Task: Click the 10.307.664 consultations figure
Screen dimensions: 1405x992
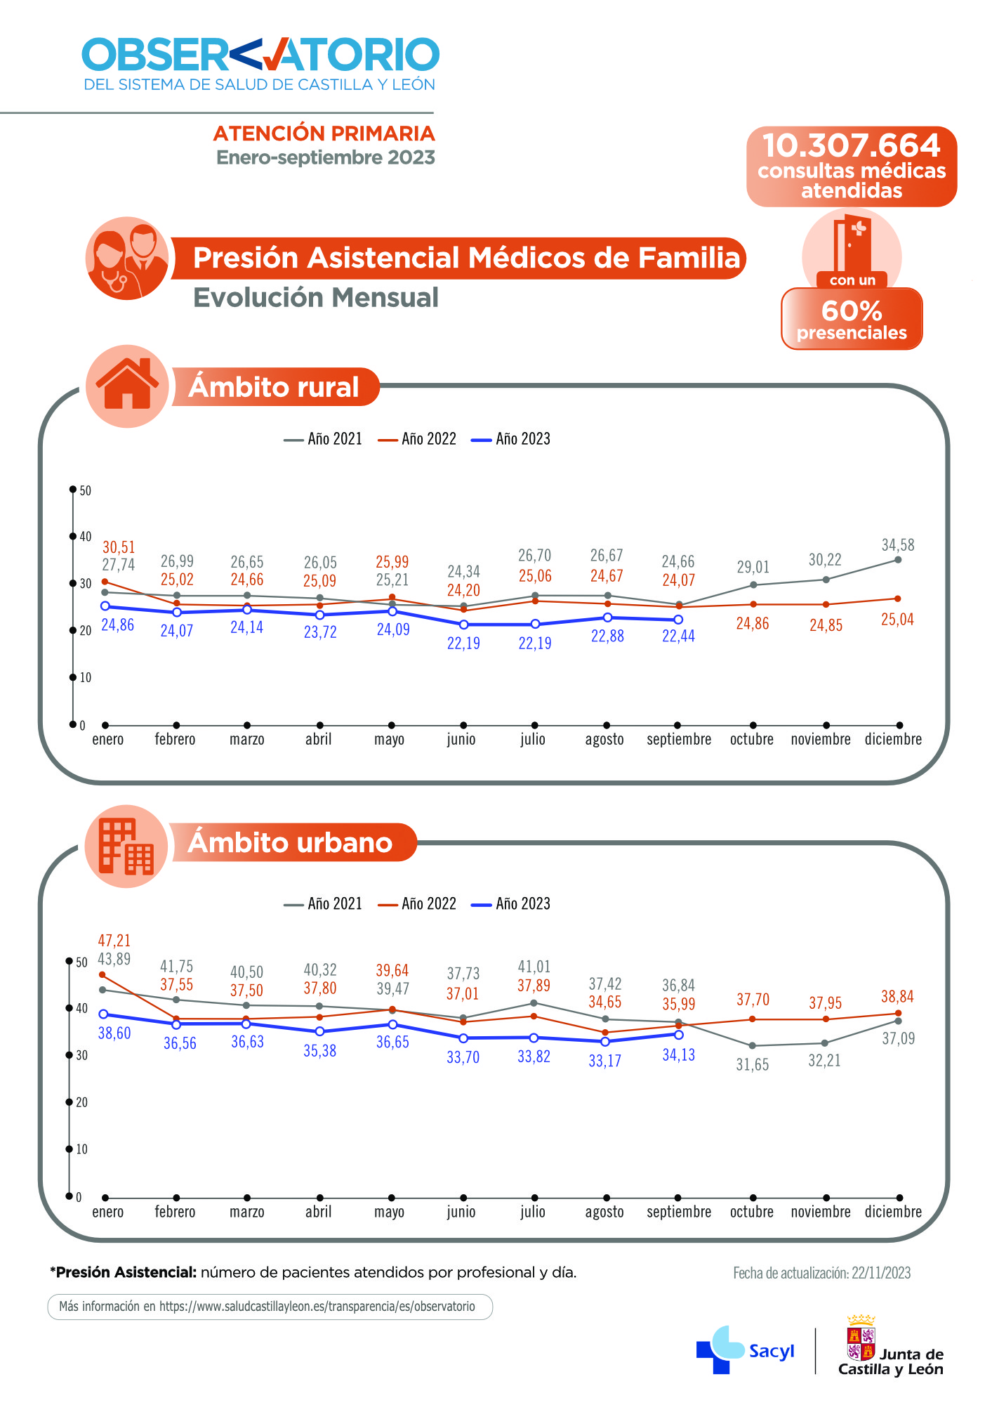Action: point(851,146)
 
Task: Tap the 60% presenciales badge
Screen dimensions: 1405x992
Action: point(852,319)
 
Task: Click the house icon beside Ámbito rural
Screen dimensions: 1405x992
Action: point(127,386)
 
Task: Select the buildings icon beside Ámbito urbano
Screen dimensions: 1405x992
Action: point(126,847)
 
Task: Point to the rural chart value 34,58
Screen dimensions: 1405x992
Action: point(898,545)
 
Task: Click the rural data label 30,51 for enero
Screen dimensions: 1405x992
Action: point(119,547)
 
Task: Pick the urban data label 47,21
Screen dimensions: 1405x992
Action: point(114,941)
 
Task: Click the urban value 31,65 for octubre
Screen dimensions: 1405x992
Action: point(752,1065)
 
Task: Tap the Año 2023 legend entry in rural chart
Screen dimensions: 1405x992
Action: point(511,439)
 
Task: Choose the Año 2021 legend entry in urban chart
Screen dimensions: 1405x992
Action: point(323,904)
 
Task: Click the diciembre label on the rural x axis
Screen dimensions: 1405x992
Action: point(893,740)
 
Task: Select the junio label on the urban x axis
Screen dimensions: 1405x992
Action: point(461,1212)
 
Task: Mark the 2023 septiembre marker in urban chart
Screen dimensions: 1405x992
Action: point(678,1035)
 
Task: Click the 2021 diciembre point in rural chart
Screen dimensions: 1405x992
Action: point(898,560)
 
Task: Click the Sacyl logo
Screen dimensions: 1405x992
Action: point(745,1350)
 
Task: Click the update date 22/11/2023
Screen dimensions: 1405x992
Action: point(821,1273)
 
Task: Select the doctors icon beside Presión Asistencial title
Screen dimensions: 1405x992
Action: point(127,259)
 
